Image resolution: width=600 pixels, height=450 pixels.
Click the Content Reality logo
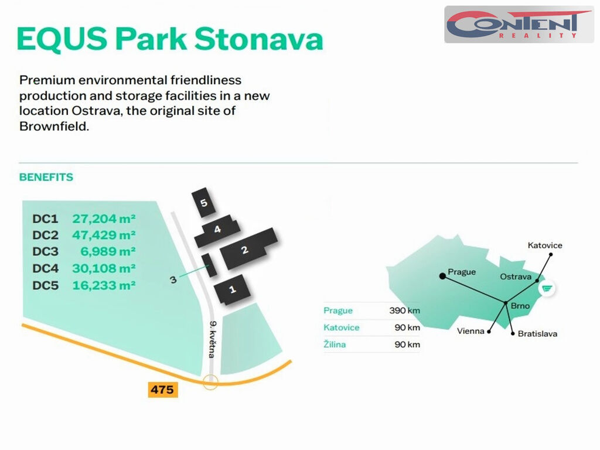[x=519, y=24]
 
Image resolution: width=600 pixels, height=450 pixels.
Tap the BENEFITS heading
[x=46, y=177]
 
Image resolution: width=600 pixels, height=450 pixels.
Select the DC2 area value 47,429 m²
[x=104, y=234]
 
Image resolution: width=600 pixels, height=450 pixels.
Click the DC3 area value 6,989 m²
[x=108, y=251]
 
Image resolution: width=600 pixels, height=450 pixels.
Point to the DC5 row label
[x=46, y=285]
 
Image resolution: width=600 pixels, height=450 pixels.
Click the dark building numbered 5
[x=203, y=202]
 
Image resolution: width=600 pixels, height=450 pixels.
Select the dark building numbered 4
[x=217, y=231]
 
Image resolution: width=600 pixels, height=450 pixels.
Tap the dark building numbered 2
[x=248, y=248]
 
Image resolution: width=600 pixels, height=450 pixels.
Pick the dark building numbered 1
[x=232, y=289]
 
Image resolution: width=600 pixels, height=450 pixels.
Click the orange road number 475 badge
[x=163, y=390]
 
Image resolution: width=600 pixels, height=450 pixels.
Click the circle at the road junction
[x=210, y=382]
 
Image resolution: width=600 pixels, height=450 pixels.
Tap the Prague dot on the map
[x=442, y=276]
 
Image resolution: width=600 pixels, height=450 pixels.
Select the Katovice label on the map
[x=545, y=246]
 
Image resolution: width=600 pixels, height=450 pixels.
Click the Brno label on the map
[x=520, y=306]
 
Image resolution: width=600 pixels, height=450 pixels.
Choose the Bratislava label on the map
[x=537, y=333]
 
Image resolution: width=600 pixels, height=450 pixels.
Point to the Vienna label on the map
[x=471, y=331]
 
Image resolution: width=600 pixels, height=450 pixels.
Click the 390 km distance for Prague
[x=404, y=311]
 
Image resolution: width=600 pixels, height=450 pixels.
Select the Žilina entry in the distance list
[x=335, y=344]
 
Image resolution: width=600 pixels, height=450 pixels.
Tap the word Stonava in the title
[x=258, y=39]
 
